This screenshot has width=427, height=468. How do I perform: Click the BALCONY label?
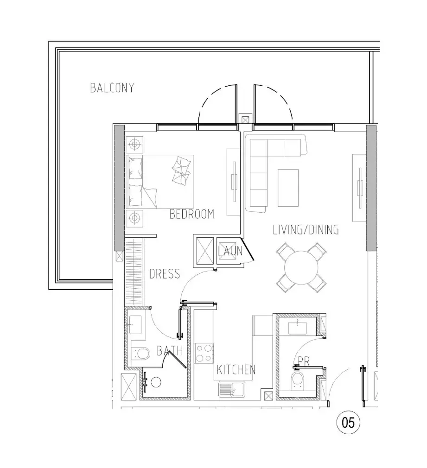[x=112, y=88]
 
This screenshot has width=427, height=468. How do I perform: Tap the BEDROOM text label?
[x=191, y=214]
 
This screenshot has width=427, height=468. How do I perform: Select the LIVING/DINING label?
[x=306, y=229]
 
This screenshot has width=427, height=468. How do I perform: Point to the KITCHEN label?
[x=236, y=370]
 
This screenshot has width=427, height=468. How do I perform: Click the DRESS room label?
[x=165, y=274]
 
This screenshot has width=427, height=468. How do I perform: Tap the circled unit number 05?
[x=348, y=423]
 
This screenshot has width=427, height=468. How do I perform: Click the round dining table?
[x=301, y=268]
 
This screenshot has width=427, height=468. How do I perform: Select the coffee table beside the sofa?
[x=288, y=188]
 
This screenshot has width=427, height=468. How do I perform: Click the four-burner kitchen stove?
[x=204, y=353]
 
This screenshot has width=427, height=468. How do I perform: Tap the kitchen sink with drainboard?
[x=231, y=389]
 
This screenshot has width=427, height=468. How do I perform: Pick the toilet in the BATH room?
[x=140, y=354]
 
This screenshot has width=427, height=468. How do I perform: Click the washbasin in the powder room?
[x=297, y=327]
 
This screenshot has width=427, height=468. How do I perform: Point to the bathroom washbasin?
[x=136, y=324]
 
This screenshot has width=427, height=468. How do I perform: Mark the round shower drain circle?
[x=156, y=382]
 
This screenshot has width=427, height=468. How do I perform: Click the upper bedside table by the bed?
[x=134, y=145]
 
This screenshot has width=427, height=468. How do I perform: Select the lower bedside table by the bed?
[x=134, y=218]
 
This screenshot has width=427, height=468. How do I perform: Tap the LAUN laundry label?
[x=230, y=251]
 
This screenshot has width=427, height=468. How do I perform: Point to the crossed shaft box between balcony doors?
[x=245, y=120]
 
